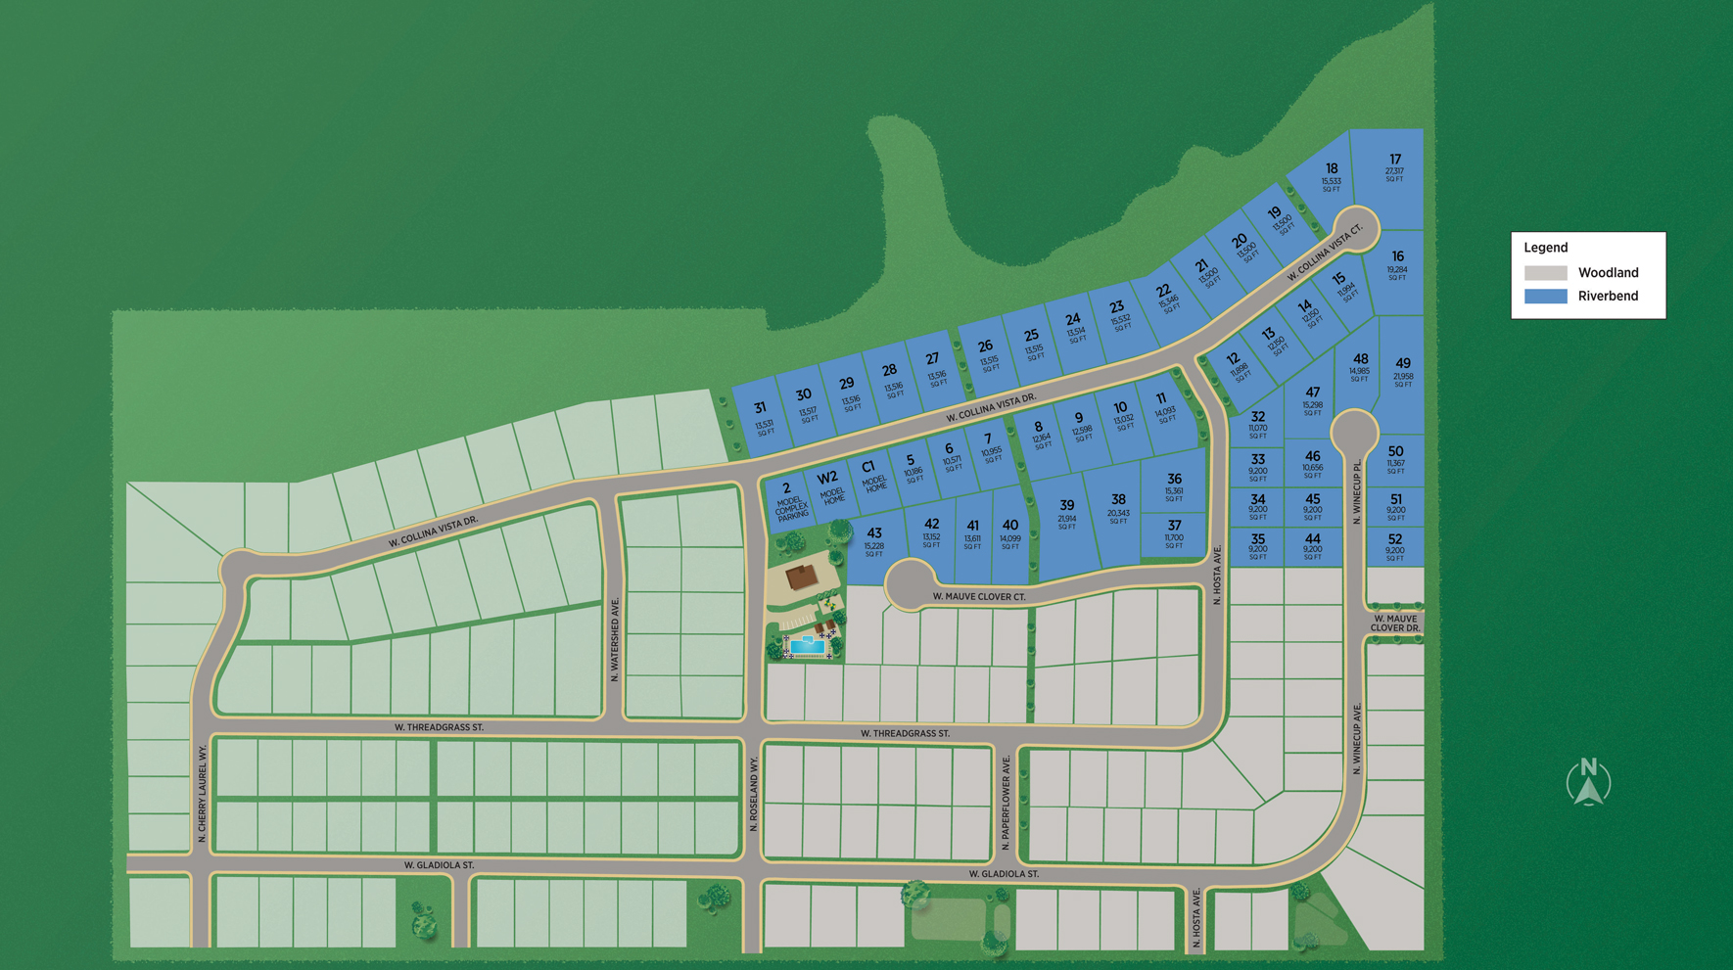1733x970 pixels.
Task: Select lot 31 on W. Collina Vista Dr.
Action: [x=762, y=417]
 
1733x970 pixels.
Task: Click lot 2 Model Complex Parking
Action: [x=789, y=500]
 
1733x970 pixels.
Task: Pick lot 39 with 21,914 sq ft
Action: [x=1066, y=513]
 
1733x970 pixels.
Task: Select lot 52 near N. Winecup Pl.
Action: [x=1395, y=545]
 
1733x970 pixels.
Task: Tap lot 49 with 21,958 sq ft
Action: [x=1403, y=371]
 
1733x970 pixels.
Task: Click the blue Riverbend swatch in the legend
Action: [x=1545, y=297]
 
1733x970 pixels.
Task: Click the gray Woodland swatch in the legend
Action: [x=1545, y=273]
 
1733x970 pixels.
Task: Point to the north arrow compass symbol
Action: [x=1588, y=782]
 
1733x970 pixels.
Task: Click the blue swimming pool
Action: [x=807, y=645]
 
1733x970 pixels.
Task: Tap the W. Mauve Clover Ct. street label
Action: [x=978, y=596]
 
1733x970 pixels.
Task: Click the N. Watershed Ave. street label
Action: [x=615, y=639]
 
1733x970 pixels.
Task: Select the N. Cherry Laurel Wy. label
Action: [x=202, y=793]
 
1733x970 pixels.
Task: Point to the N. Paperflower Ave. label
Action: [x=1006, y=802]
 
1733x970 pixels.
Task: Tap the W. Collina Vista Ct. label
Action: [x=1325, y=253]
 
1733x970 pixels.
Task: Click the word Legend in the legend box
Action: [x=1545, y=248]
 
